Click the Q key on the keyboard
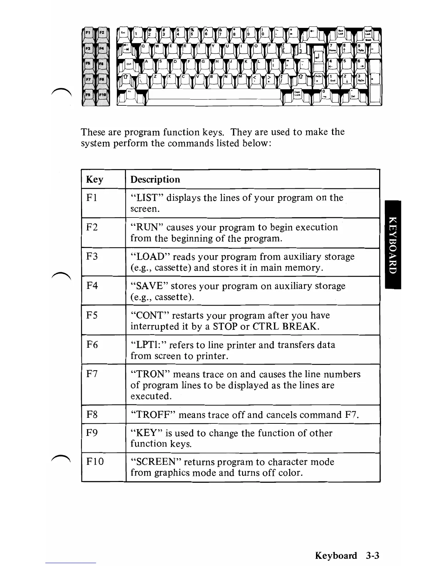[x=144, y=48]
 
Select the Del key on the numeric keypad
[x=353, y=95]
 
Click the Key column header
[x=95, y=179]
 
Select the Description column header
[x=155, y=179]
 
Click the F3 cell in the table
[x=92, y=257]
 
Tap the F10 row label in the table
[x=95, y=462]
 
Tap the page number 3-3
[x=372, y=556]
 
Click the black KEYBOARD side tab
[x=393, y=245]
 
